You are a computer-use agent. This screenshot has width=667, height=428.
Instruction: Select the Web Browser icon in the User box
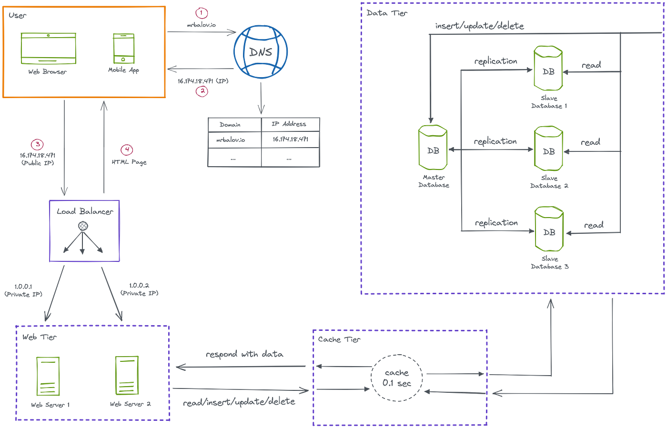[x=48, y=48]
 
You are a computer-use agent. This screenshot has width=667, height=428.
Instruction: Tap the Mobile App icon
[x=123, y=48]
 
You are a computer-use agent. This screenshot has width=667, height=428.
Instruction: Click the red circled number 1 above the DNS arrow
[x=202, y=12]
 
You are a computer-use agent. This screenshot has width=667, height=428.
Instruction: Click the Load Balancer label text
[x=84, y=211]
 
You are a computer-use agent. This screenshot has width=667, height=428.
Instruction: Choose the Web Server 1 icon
[x=48, y=376]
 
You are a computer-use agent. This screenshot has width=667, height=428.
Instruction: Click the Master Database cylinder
[x=433, y=147]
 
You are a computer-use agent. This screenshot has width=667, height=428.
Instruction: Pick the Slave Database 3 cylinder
[x=549, y=229]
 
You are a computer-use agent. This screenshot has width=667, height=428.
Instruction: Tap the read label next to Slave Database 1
[x=591, y=66]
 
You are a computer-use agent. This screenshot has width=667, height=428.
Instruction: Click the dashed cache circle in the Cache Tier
[x=396, y=378]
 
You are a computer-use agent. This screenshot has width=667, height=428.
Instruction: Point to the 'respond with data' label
[x=244, y=354]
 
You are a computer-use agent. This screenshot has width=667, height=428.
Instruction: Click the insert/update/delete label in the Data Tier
[x=479, y=26]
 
